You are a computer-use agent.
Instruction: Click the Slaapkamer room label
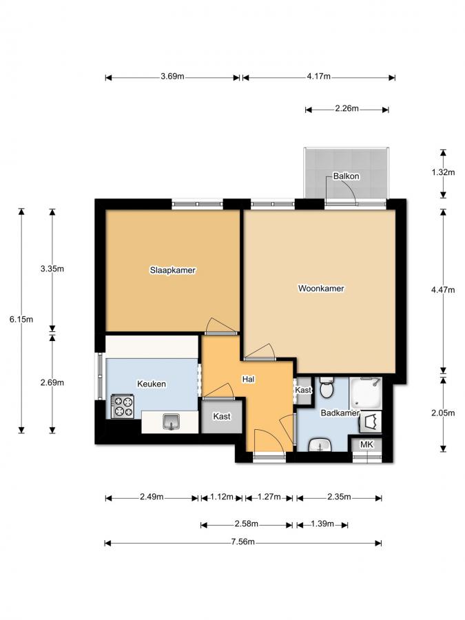(x=173, y=271)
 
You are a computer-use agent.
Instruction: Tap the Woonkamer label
(x=321, y=289)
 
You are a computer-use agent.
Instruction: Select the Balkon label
(x=347, y=176)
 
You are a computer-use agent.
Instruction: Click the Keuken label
(x=152, y=384)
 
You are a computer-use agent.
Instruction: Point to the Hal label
(x=248, y=379)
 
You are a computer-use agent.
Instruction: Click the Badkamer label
(x=340, y=413)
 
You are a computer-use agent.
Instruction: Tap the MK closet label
(x=366, y=444)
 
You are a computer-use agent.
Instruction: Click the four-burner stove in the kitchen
(x=123, y=406)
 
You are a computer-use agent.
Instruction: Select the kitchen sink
(x=172, y=422)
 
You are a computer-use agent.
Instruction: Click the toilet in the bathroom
(x=327, y=387)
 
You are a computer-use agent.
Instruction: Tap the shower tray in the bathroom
(x=365, y=393)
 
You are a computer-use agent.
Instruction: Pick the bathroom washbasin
(x=320, y=445)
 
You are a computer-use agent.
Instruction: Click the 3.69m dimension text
(x=172, y=76)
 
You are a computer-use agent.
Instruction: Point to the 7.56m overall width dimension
(x=243, y=541)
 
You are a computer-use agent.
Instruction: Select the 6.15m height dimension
(x=21, y=320)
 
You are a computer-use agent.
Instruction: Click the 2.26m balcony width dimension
(x=347, y=108)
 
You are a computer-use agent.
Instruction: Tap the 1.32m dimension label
(x=443, y=172)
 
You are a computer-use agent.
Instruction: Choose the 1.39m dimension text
(x=322, y=524)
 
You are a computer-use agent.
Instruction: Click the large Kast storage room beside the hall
(x=222, y=416)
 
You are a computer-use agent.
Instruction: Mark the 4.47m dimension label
(x=443, y=290)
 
